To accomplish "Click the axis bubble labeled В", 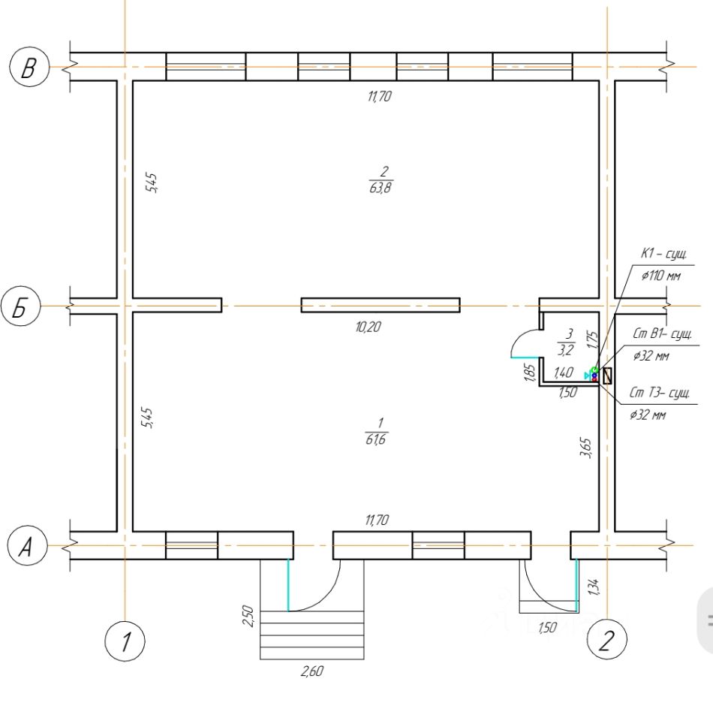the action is (x=29, y=67).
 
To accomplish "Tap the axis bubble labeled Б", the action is (x=21, y=306).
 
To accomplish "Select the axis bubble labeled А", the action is (x=28, y=546).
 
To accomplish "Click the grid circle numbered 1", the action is (x=125, y=641).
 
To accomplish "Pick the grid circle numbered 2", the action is (x=607, y=640).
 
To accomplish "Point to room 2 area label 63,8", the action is (x=381, y=188).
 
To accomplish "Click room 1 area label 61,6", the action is (x=376, y=439).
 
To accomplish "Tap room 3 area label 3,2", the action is (x=566, y=351).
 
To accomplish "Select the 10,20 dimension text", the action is (x=368, y=327).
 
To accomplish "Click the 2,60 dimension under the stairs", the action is (x=312, y=671).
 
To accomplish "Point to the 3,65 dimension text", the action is (x=586, y=448).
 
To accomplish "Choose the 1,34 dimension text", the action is (x=593, y=587).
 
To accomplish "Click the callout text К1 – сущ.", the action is (x=664, y=254).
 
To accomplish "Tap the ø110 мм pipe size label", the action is (x=661, y=276).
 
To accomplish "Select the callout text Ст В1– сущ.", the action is (x=662, y=333).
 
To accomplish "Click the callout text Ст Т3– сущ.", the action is (x=659, y=393).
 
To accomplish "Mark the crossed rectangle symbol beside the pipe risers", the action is (x=607, y=376).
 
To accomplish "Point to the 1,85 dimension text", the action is (x=529, y=373).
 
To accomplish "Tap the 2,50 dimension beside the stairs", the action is (x=248, y=616).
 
